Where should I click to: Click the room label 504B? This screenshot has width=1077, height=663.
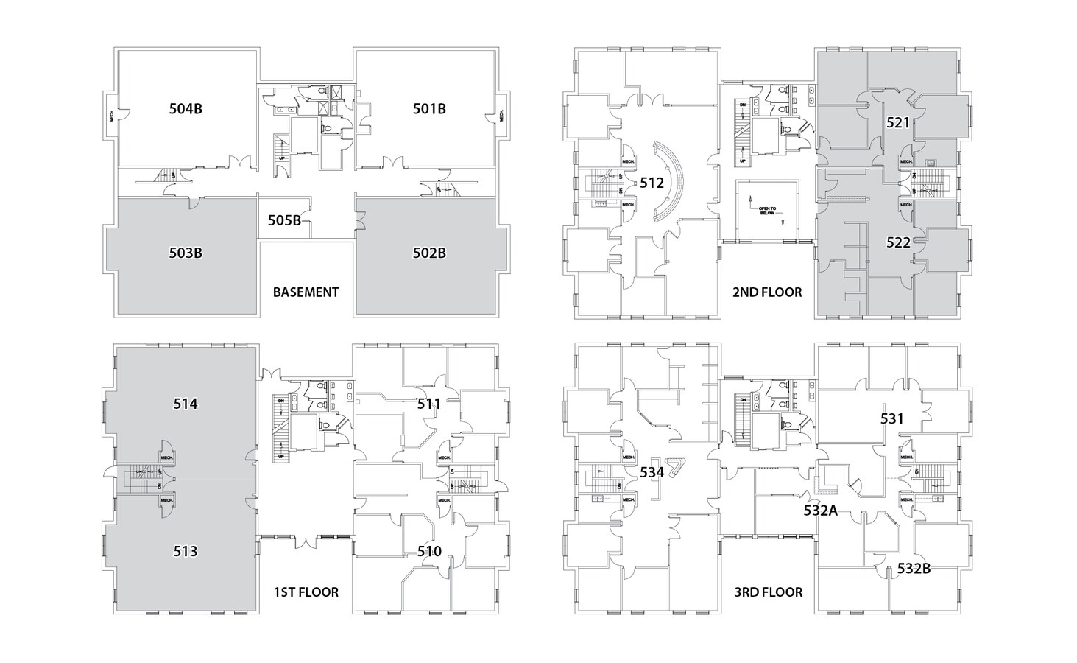pyautogui.click(x=186, y=109)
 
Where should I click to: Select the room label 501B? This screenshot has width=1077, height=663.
pyautogui.click(x=429, y=109)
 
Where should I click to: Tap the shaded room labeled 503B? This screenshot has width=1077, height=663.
pyautogui.click(x=186, y=253)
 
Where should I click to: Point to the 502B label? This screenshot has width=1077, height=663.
pyautogui.click(x=429, y=253)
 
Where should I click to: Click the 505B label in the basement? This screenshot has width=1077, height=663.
pyautogui.click(x=284, y=220)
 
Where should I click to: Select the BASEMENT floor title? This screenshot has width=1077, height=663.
pyautogui.click(x=306, y=292)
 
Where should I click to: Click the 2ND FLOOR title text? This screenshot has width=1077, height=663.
pyautogui.click(x=767, y=292)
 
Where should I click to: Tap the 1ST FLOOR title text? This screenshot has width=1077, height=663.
pyautogui.click(x=306, y=592)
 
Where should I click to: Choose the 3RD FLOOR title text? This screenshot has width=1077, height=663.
pyautogui.click(x=767, y=592)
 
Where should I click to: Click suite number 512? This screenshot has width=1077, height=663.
pyautogui.click(x=652, y=183)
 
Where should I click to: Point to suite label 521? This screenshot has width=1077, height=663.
pyautogui.click(x=898, y=123)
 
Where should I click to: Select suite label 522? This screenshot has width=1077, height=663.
pyautogui.click(x=898, y=242)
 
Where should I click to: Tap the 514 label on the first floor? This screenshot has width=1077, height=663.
pyautogui.click(x=186, y=404)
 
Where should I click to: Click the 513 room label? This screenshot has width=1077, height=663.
pyautogui.click(x=186, y=551)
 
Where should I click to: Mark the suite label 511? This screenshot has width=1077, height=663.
pyautogui.click(x=429, y=404)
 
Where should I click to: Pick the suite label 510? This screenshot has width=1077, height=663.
pyautogui.click(x=429, y=551)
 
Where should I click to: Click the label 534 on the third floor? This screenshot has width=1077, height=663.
pyautogui.click(x=652, y=472)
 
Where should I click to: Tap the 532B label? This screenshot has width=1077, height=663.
pyautogui.click(x=914, y=569)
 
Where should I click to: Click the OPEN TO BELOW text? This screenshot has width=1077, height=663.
pyautogui.click(x=767, y=210)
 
